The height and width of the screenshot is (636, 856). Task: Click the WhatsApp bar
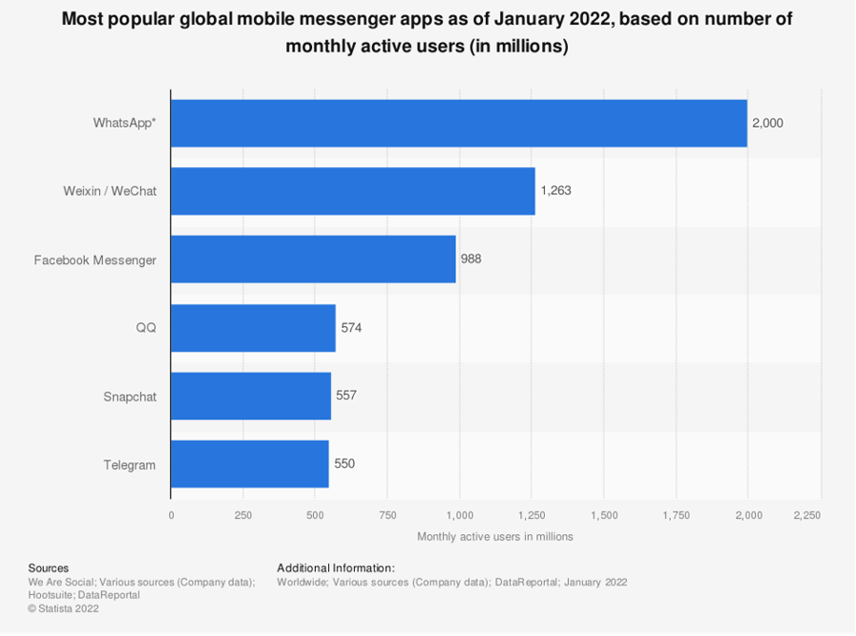458,123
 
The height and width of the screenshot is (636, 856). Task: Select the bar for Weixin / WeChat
353,190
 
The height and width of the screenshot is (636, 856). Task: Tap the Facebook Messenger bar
313,259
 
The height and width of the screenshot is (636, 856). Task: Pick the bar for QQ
253,327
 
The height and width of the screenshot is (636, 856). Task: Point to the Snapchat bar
251,395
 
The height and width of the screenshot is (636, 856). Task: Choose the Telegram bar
249,464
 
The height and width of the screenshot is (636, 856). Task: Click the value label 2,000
768,123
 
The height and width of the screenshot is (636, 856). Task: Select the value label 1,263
555,190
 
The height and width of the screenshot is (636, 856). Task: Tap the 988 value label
472,259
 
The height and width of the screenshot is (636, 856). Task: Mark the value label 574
351,327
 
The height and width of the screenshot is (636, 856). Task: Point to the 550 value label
343,464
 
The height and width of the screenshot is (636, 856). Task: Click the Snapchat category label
129,395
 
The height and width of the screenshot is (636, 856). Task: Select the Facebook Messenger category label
95,260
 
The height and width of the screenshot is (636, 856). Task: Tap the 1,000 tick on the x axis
458,514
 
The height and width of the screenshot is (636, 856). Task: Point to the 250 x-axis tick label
243,514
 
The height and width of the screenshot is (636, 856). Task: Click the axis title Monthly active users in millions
495,536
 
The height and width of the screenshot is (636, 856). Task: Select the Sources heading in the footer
49,568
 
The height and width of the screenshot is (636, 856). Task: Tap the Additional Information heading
335,568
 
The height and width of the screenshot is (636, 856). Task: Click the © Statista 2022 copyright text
63,608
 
